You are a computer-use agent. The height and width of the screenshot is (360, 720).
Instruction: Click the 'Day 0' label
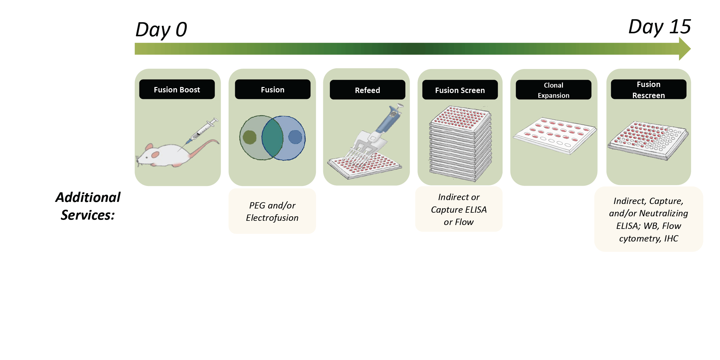(x=161, y=30)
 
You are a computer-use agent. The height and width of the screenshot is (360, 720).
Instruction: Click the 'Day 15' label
(x=660, y=27)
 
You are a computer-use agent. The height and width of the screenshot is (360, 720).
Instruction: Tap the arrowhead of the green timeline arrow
(x=685, y=49)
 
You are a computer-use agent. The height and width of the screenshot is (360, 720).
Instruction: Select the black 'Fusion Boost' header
(x=177, y=89)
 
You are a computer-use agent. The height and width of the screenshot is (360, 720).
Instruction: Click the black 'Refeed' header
(x=367, y=90)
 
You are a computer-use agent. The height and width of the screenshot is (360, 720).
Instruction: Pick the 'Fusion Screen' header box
(x=460, y=90)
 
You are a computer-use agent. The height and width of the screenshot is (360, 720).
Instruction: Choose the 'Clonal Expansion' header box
(x=554, y=90)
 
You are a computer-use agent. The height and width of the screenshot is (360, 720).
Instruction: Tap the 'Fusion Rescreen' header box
(x=649, y=89)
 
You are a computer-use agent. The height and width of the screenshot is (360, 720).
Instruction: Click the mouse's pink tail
(x=204, y=147)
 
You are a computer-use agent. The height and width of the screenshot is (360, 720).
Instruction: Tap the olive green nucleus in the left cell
(x=249, y=137)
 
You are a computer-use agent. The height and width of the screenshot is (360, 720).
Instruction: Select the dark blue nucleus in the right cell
(x=295, y=137)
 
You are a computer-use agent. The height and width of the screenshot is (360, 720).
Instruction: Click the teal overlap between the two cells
(x=273, y=138)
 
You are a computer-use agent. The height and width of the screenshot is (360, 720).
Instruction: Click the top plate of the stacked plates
(x=460, y=118)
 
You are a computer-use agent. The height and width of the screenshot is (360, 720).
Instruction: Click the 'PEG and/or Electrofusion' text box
(x=272, y=211)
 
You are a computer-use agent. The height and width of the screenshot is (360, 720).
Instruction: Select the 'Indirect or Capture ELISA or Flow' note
(x=459, y=209)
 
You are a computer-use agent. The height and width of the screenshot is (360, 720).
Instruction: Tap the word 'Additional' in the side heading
(x=88, y=197)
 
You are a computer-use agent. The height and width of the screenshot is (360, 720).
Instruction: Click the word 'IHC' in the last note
(x=671, y=238)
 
